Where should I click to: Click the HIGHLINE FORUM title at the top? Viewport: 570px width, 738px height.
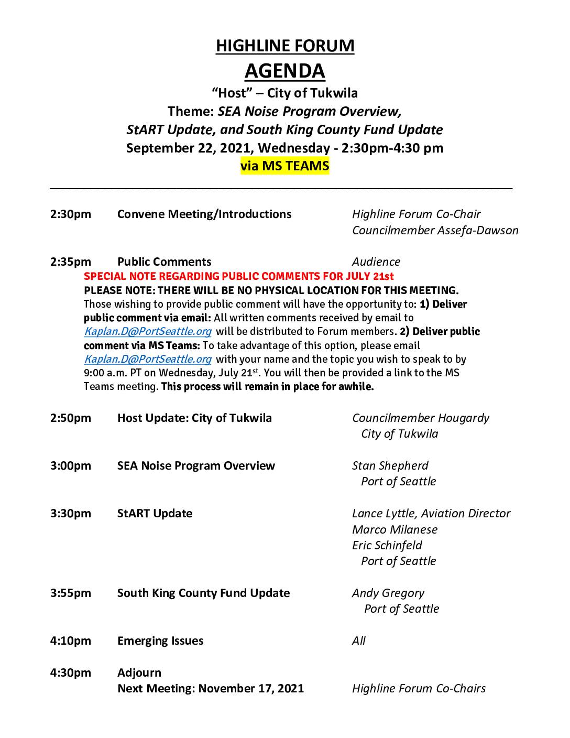pos(285,46)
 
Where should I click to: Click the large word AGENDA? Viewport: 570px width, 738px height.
pos(285,71)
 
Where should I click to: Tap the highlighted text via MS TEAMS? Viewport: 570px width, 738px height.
pos(285,166)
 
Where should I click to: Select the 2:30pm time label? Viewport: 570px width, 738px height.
pos(71,214)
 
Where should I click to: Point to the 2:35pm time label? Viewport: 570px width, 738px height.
pos(71,262)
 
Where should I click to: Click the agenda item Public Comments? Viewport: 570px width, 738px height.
pos(164,262)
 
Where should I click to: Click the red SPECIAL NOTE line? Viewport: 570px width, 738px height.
pos(239,276)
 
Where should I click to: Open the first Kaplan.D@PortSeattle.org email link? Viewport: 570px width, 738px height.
pos(148,331)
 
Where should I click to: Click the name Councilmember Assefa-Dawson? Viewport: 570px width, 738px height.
pos(435,230)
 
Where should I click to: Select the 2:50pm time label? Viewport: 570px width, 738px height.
pos(71,418)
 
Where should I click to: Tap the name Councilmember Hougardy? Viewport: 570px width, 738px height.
pos(421,418)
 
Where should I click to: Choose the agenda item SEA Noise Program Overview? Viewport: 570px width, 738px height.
pos(196,465)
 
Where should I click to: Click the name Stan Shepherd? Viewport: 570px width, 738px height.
pos(390,465)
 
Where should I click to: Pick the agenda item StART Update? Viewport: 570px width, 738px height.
pos(155,513)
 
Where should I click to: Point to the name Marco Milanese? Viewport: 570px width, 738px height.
pos(394,529)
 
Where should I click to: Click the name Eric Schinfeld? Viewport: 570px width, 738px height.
pos(387,545)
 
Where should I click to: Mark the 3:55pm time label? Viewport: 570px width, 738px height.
pos(71,593)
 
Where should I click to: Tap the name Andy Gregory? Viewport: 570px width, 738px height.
pos(388,593)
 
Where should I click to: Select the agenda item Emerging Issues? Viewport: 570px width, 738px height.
pos(160,641)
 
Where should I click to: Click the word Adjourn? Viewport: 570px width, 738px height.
pos(139,672)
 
